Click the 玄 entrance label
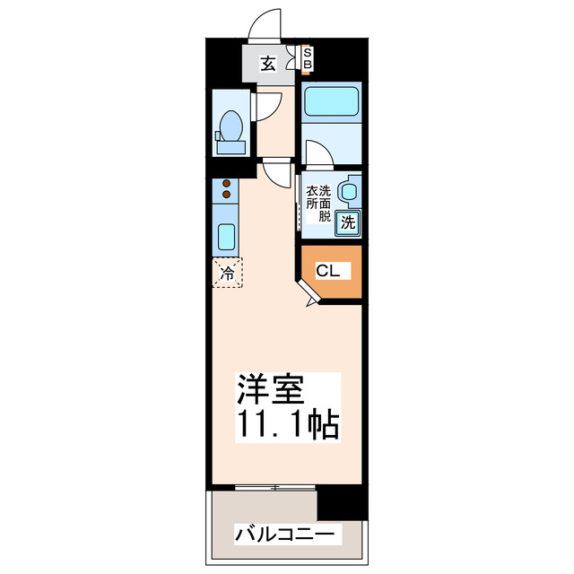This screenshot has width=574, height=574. (x=267, y=63)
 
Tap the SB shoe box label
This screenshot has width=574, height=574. (x=307, y=59)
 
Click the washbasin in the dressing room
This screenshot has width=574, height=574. (x=350, y=191)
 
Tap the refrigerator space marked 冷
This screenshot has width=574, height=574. (x=228, y=272)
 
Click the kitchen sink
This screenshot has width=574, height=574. (x=226, y=238)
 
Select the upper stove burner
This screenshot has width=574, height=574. (x=226, y=183)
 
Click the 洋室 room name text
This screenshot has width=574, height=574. (x=270, y=389)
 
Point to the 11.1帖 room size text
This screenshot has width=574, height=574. (x=287, y=424)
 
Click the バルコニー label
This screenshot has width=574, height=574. (x=287, y=535)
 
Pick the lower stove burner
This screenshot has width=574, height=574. (x=226, y=194)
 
